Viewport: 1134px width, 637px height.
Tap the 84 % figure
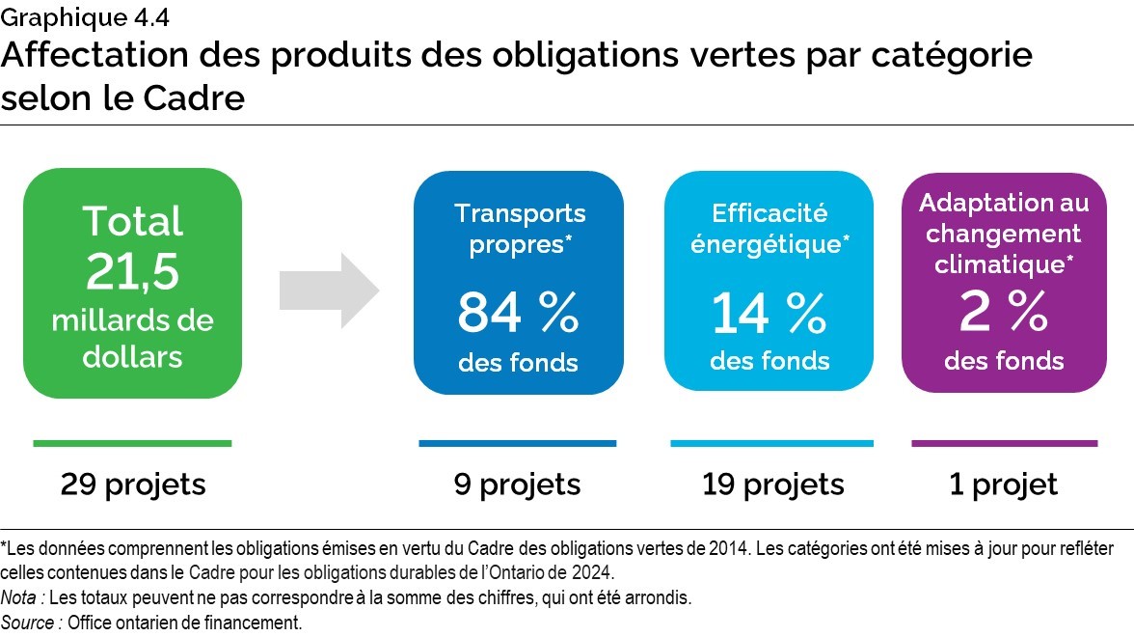tap(518, 312)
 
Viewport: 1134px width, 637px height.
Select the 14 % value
tap(769, 312)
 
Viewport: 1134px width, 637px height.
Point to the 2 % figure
tap(1004, 312)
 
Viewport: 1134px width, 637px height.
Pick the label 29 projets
tap(133, 484)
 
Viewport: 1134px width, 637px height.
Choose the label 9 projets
tap(518, 484)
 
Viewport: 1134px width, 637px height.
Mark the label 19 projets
tap(773, 484)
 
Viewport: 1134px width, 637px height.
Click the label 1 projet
tap(1004, 484)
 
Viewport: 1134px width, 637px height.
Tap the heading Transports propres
tap(520, 229)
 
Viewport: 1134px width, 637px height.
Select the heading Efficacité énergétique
tap(770, 229)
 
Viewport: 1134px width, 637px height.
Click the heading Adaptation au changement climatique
tap(1004, 233)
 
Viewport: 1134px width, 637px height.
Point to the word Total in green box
tap(132, 221)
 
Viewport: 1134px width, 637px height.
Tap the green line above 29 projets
tap(132, 444)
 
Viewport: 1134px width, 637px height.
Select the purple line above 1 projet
tap(1004, 444)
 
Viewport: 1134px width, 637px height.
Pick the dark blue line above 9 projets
tap(517, 444)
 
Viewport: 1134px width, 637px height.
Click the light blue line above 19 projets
tap(771, 444)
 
